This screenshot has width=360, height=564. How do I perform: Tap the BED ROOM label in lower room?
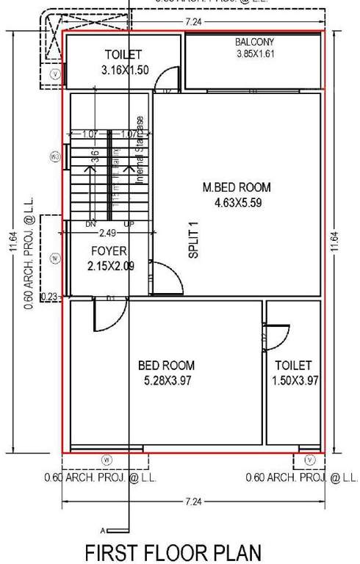[166, 365]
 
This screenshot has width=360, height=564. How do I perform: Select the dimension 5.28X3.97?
[166, 380]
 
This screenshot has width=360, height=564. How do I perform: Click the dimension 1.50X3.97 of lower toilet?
[294, 380]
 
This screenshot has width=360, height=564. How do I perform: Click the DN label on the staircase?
[91, 224]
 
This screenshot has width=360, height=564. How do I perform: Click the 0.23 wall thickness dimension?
[50, 297]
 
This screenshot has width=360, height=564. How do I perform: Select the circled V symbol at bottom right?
[309, 460]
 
